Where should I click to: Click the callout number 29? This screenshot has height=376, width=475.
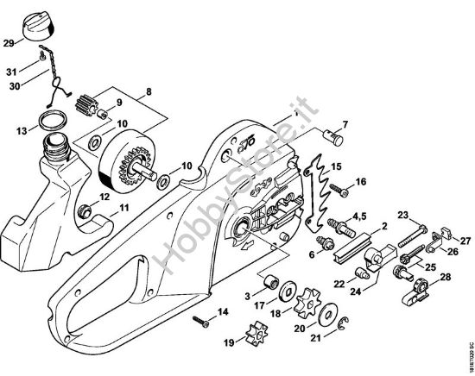[x=9, y=41]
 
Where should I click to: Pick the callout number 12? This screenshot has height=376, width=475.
[x=104, y=197]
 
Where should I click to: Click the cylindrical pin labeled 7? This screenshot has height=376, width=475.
[x=333, y=132]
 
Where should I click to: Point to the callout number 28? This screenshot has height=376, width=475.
[x=445, y=277]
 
